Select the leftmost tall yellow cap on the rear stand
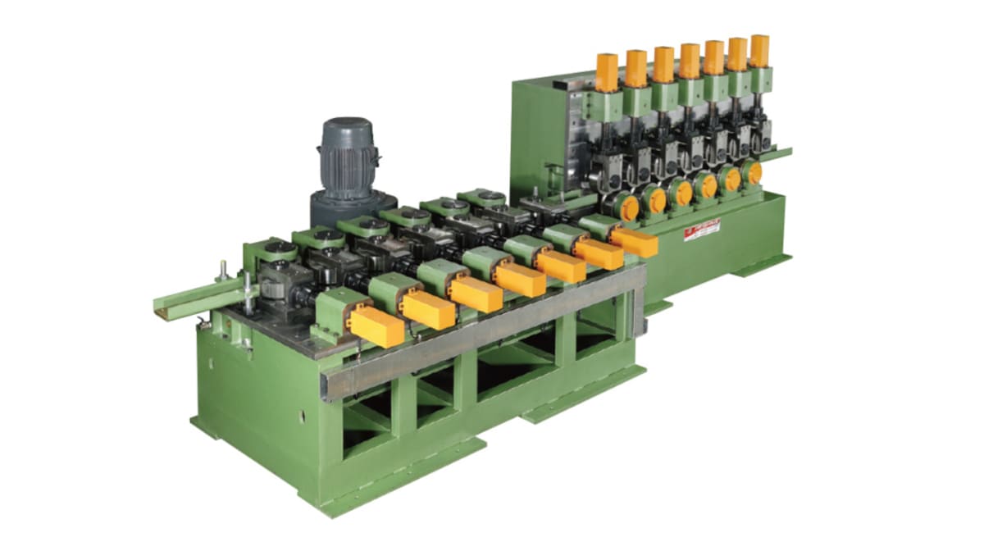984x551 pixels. pos(606,72)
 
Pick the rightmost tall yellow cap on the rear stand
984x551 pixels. pos(759,51)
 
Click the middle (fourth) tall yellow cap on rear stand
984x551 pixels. pos(690,60)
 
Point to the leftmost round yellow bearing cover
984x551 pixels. pos(629,207)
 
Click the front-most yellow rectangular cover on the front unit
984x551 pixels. pos(376,326)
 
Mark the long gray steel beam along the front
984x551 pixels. pos(484,328)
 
